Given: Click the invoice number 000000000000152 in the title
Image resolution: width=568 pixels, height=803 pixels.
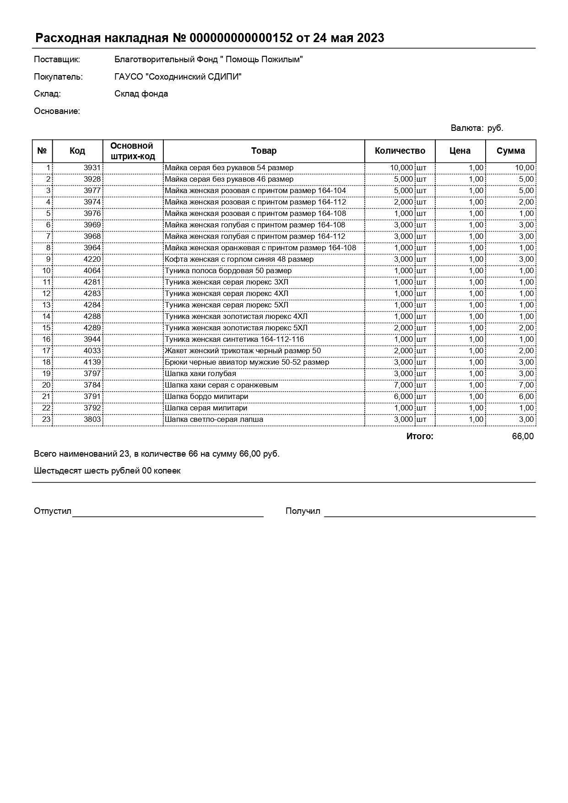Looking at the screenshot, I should click(x=241, y=38).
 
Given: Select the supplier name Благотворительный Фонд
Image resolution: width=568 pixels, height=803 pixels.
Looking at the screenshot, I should click(x=208, y=59).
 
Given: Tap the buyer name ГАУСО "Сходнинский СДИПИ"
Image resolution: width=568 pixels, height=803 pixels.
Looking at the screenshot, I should click(x=178, y=77).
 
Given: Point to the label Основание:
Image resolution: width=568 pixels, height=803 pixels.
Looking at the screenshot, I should click(x=57, y=111).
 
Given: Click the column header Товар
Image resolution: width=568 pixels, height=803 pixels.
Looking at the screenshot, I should click(x=264, y=151).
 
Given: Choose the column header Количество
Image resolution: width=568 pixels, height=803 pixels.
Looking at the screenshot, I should click(x=400, y=151).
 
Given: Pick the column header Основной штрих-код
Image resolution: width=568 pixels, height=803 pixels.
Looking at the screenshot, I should click(x=132, y=151).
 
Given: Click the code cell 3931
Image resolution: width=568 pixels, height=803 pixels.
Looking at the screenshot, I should click(x=92, y=168).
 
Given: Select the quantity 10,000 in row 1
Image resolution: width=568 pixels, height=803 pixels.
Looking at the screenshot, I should click(x=401, y=168).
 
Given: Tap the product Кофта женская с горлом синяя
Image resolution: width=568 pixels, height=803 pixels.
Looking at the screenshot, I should click(x=239, y=259).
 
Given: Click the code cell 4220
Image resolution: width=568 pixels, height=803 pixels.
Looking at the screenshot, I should click(x=92, y=259).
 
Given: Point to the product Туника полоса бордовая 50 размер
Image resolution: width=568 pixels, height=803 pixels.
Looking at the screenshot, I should click(x=228, y=271).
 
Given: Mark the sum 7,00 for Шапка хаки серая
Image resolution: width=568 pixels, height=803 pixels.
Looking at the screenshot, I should click(x=526, y=385).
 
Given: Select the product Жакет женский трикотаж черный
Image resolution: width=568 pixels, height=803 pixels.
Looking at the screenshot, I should click(x=243, y=351).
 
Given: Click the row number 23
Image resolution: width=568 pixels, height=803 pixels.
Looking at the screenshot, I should click(x=46, y=420).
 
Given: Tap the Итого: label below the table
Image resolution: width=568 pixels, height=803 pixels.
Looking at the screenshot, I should click(x=419, y=437).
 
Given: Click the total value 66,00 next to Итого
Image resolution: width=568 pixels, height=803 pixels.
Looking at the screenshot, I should click(x=522, y=437).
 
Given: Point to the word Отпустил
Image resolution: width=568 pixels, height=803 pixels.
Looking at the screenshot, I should click(x=52, y=511).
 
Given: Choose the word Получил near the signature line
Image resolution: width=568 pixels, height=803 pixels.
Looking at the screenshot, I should click(x=303, y=511).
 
